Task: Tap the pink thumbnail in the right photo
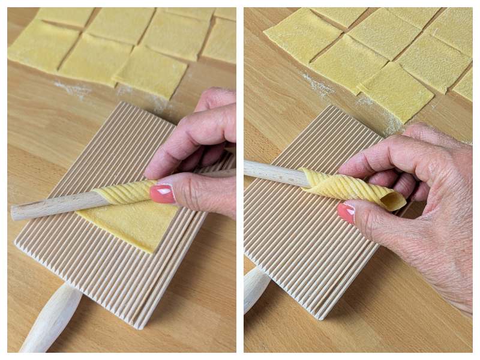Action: (346, 212)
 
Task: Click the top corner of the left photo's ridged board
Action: (123, 103)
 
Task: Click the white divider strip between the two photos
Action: (240, 180)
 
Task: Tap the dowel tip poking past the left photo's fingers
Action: (225, 173)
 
